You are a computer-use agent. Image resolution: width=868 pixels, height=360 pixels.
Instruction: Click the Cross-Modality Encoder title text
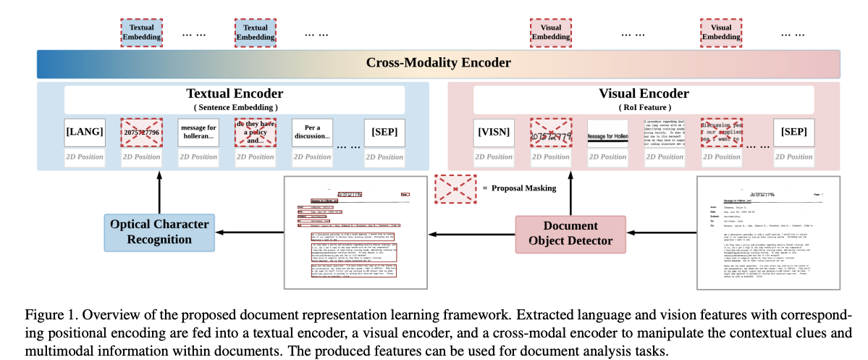point(438,63)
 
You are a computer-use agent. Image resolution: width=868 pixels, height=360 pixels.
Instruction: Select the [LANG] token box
point(84,132)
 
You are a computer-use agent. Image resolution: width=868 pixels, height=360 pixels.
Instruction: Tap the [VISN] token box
point(494,132)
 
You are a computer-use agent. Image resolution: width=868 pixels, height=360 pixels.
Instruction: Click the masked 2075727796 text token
point(141,132)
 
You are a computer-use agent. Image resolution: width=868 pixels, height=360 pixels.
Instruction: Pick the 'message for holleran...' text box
point(198,132)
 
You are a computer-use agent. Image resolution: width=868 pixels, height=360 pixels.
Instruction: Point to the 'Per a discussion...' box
point(312,132)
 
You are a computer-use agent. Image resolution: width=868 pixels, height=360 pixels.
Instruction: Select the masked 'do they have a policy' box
point(256,132)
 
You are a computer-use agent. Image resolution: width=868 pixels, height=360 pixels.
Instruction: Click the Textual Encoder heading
point(235,93)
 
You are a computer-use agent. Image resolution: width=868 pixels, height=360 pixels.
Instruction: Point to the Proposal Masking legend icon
point(454,188)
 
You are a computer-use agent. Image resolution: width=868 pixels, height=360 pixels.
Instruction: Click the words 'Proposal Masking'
point(525,188)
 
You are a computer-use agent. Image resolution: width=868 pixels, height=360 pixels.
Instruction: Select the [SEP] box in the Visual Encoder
point(798,132)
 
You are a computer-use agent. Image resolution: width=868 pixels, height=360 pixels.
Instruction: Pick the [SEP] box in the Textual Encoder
point(385,132)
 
